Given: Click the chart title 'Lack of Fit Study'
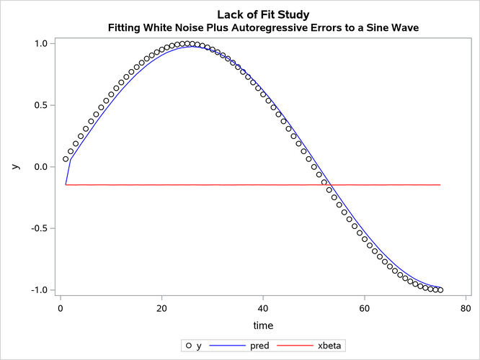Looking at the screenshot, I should (x=263, y=14).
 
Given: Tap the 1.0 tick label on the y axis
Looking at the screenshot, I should (x=40, y=43).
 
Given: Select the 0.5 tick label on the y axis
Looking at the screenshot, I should (x=40, y=105).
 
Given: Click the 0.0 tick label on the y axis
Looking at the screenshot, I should (x=40, y=167).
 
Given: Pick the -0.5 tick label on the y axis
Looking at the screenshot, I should (x=38, y=228).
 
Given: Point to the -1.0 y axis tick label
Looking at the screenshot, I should (x=38, y=290).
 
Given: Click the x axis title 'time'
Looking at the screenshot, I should (x=263, y=325).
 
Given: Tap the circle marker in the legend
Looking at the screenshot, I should (x=189, y=346).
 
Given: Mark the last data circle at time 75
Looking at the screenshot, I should (x=440, y=290).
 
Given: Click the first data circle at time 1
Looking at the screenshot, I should (x=66, y=159).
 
